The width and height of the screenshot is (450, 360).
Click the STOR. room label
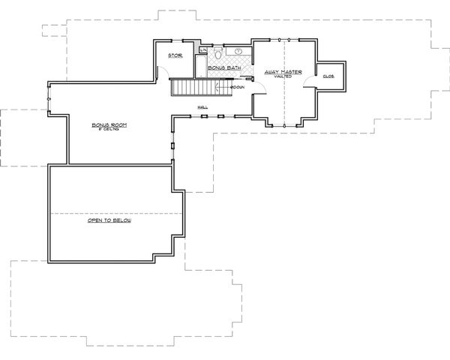pos(175,55)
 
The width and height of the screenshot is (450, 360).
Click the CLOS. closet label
pos(328,76)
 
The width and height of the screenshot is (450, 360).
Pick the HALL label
pos(202,107)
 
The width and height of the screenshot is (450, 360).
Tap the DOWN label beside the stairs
pos(238,88)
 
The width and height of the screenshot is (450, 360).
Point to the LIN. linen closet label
pos(202,49)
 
